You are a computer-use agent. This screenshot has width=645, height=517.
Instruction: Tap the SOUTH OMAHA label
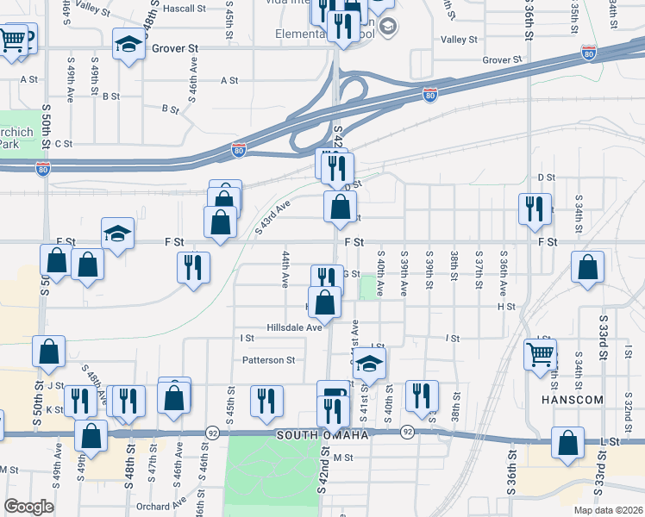click(322, 436)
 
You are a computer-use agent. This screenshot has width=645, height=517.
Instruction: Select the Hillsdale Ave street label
click(294, 327)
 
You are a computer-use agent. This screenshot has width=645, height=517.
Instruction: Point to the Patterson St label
click(268, 360)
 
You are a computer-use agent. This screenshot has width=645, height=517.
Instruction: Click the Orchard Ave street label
click(166, 504)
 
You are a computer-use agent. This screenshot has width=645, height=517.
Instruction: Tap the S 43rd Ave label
click(274, 215)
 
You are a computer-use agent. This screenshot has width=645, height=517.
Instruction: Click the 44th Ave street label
click(285, 270)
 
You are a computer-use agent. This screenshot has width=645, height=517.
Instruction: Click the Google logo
click(28, 507)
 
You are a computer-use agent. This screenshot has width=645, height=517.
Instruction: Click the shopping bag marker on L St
click(568, 443)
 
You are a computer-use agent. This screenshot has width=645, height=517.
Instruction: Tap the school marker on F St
click(117, 233)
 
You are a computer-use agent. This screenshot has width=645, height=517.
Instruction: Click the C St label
click(63, 144)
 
